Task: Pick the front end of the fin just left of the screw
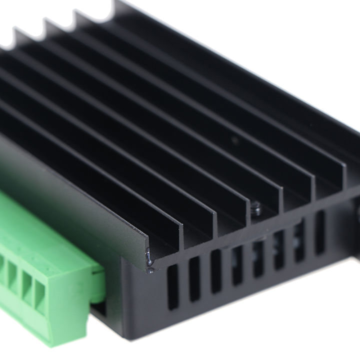coord(245,210)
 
